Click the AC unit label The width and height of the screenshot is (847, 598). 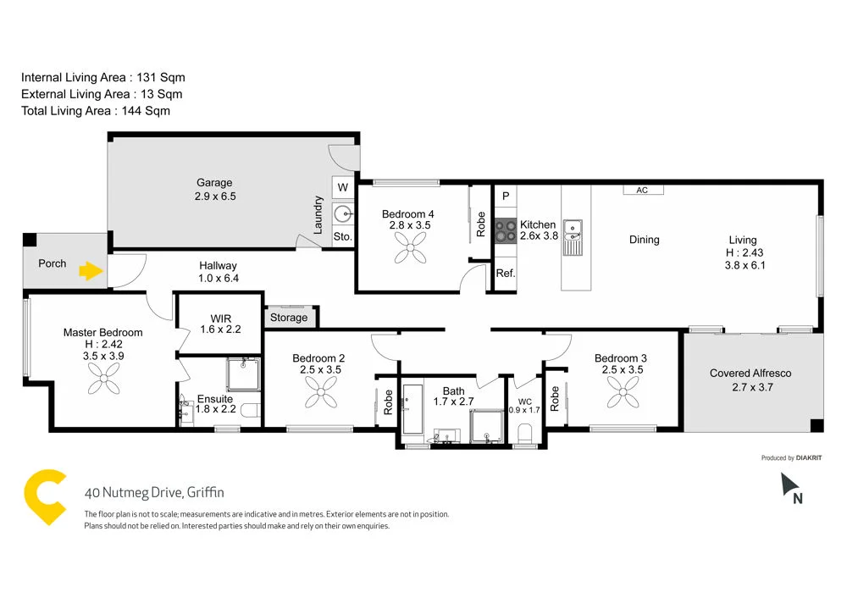[x=642, y=191]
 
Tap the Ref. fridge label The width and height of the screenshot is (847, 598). [x=506, y=273]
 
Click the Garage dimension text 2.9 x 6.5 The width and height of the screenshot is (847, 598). [x=215, y=197]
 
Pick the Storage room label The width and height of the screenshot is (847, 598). [x=289, y=318]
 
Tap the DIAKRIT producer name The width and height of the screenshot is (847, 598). [x=810, y=458]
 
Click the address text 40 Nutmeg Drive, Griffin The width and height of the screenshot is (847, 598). [x=155, y=492]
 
